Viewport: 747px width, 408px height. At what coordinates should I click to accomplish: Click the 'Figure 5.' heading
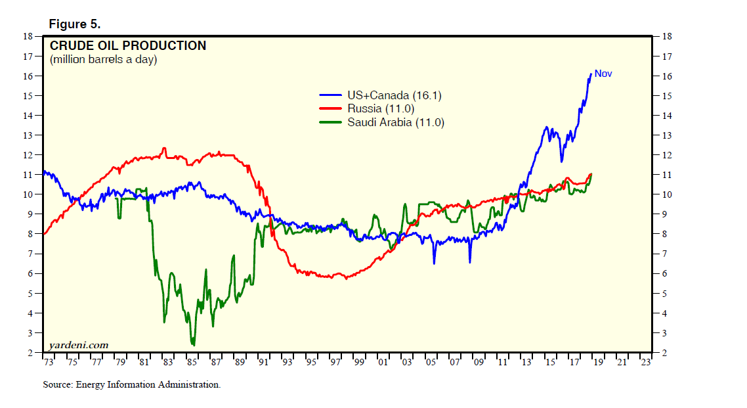pos(74,24)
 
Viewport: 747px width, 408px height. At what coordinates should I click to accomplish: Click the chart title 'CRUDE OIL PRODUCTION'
pos(128,46)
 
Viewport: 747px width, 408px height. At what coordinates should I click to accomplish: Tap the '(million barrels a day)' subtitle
pos(104,60)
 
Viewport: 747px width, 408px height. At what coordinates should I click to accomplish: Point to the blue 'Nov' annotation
pos(603,74)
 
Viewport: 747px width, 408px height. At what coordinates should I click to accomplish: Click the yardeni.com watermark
pos(78,345)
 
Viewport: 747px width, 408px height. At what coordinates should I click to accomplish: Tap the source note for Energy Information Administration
pos(131,384)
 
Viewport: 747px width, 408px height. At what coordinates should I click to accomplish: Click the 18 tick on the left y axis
pos(29,36)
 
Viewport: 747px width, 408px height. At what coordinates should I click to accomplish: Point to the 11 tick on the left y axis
pos(29,175)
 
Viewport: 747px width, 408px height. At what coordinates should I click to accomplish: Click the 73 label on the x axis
pos(48,361)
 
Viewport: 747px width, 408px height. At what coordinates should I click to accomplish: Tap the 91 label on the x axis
pos(263,361)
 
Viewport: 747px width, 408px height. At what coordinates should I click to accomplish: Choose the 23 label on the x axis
pos(646,361)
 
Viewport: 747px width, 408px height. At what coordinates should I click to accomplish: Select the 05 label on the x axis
pos(431,361)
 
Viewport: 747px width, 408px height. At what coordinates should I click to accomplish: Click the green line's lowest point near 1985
pos(193,344)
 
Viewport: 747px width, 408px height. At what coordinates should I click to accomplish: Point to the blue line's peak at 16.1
pos(591,74)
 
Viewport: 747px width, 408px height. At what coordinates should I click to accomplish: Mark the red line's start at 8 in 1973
pos(44,234)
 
